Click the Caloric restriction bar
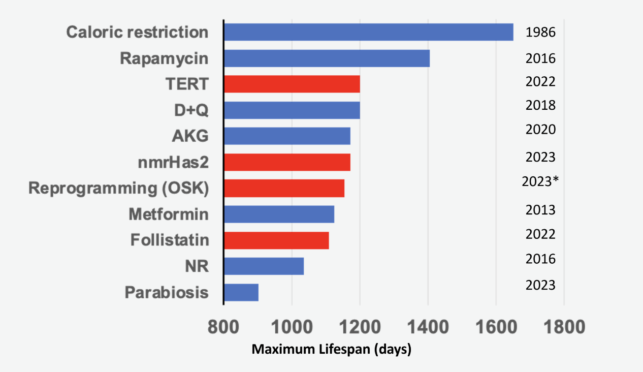tap(368, 32)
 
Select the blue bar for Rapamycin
tap(327, 58)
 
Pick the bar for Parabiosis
tap(241, 292)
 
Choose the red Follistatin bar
tap(276, 240)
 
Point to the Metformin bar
tap(279, 214)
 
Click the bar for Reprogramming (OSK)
tap(284, 188)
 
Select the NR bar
tap(264, 266)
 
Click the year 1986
tap(540, 33)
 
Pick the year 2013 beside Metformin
tap(540, 210)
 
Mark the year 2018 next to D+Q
tap(540, 105)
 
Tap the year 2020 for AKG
tap(540, 130)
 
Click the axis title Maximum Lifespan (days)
tap(331, 350)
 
